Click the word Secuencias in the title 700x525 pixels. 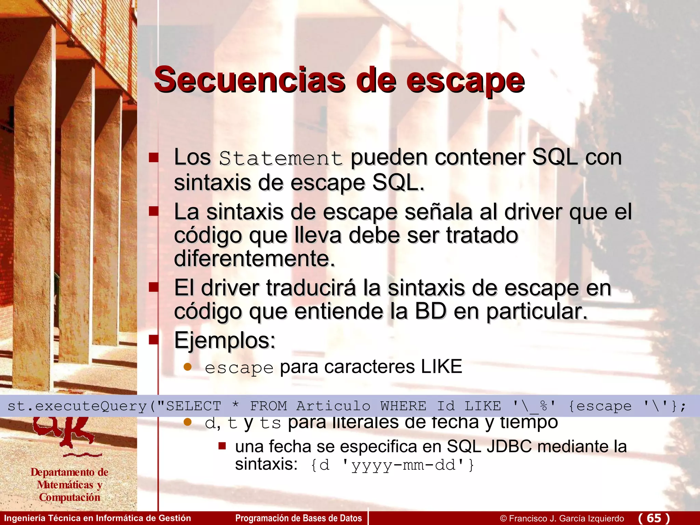[x=250, y=80]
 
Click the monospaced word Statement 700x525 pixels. [x=281, y=159]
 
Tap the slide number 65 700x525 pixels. [x=654, y=518]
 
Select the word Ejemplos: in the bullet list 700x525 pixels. [x=225, y=341]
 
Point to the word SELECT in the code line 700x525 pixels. [x=193, y=406]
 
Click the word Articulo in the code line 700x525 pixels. [x=333, y=406]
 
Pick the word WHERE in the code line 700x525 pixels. [x=403, y=406]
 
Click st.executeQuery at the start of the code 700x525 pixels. [x=77, y=406]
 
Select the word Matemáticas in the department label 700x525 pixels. [x=65, y=485]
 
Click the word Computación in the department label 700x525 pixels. [x=70, y=497]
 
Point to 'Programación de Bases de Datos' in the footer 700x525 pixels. [x=298, y=518]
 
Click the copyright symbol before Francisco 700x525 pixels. [x=503, y=519]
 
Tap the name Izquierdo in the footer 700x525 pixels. [x=605, y=519]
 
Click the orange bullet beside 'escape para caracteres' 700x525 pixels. [x=188, y=367]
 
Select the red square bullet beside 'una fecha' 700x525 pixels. [x=222, y=446]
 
